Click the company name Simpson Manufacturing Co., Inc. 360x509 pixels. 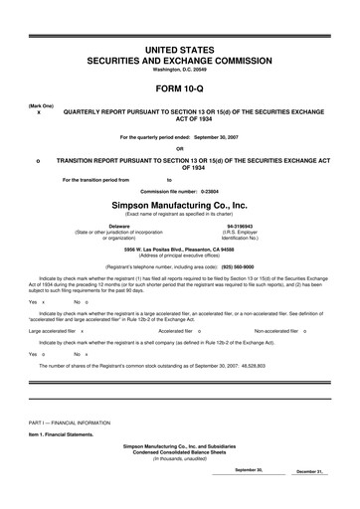pos(179,203)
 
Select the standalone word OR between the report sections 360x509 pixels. pos(179,148)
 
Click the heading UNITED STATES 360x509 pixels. pos(179,49)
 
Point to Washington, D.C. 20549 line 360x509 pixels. pos(179,69)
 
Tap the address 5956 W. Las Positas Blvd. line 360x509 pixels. pos(179,250)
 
